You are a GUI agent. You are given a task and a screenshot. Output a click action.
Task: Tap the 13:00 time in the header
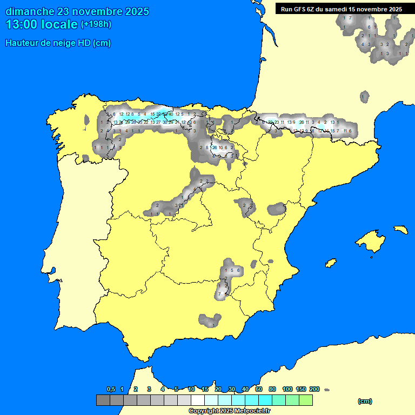(23, 24)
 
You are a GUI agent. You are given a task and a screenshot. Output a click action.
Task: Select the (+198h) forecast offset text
(96, 24)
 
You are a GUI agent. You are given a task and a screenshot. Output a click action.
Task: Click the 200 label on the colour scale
(314, 389)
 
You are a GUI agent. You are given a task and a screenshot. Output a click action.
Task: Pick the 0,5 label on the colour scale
(111, 389)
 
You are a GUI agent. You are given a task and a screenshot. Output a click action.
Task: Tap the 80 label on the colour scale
(272, 389)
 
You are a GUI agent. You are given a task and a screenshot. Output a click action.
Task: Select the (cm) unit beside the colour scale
(365, 401)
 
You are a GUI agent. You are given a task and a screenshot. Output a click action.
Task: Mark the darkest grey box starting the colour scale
(103, 400)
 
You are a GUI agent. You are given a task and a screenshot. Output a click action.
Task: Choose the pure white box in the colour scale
(198, 400)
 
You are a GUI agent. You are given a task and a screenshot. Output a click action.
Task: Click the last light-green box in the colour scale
(305, 400)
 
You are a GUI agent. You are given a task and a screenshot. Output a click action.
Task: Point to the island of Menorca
(400, 229)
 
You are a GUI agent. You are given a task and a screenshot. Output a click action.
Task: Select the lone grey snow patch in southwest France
(365, 97)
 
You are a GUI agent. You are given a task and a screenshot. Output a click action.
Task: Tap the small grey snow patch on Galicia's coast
(86, 121)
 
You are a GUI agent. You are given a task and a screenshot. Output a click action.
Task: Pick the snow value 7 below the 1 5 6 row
(219, 294)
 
